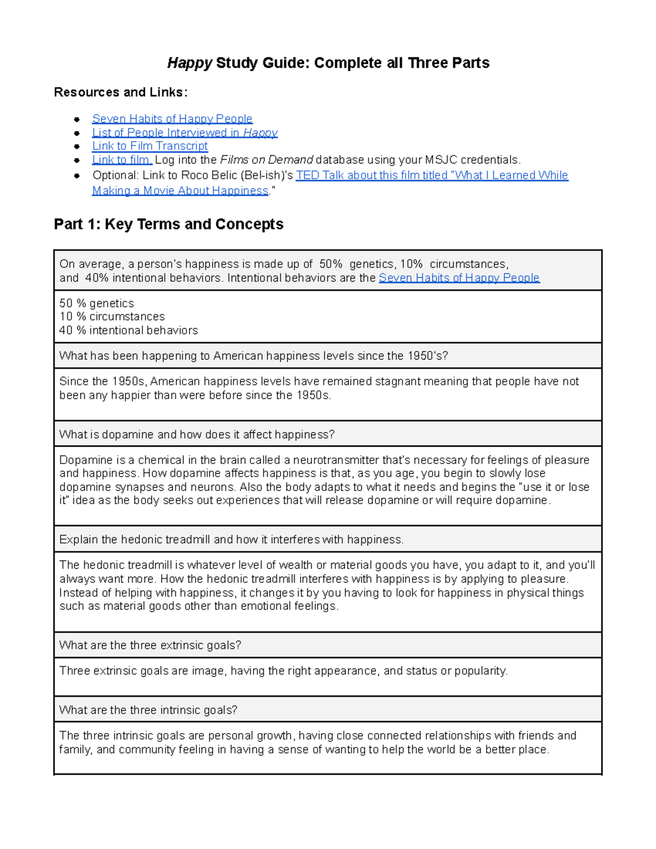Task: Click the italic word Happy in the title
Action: [x=189, y=63]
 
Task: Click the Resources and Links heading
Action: [x=120, y=92]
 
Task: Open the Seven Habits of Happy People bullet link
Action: [x=172, y=119]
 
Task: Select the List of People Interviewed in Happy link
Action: [x=185, y=132]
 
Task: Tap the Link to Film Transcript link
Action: [x=150, y=146]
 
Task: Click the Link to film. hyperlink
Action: [x=122, y=160]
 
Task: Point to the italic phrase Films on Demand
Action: [x=266, y=160]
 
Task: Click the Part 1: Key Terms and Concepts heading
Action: [x=168, y=224]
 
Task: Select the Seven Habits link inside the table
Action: [x=459, y=278]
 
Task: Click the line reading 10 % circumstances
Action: [x=112, y=317]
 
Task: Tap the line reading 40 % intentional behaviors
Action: [x=128, y=330]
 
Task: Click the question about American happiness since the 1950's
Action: [x=253, y=356]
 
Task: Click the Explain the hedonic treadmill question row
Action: [x=231, y=540]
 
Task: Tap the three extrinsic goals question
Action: [x=150, y=645]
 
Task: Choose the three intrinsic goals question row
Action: [x=148, y=710]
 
